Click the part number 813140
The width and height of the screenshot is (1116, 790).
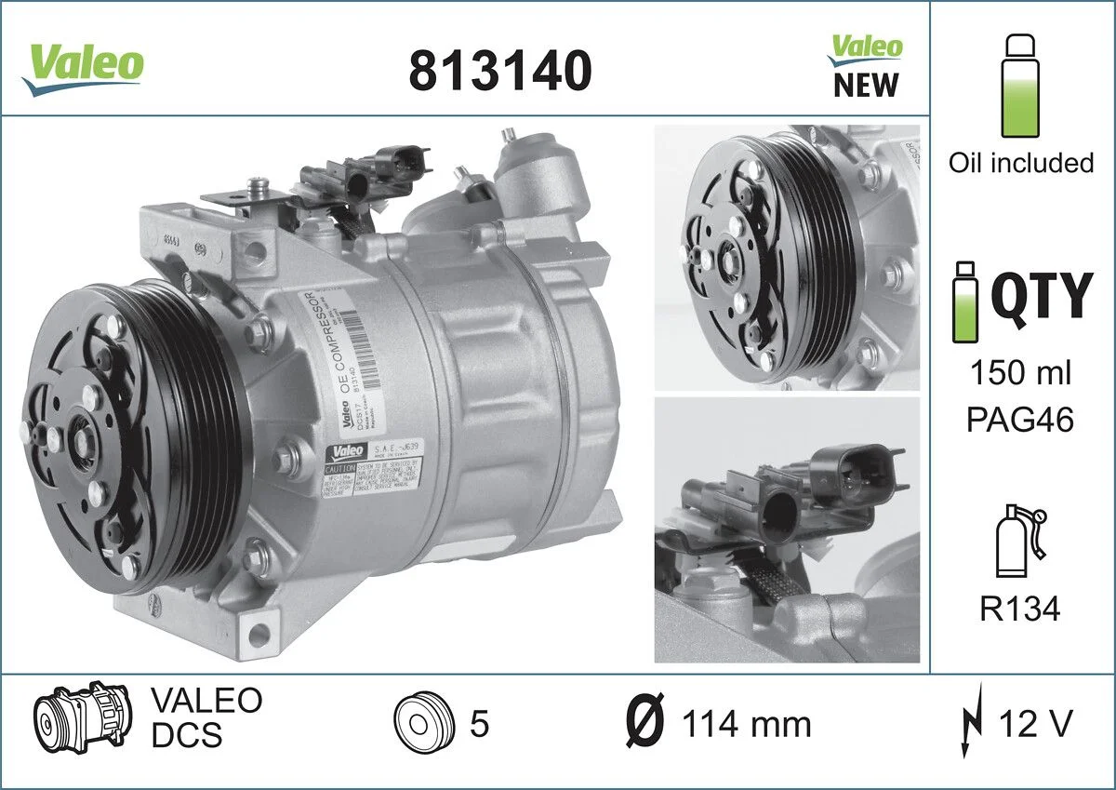tap(500, 70)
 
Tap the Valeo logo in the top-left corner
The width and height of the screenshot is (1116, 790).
tap(84, 65)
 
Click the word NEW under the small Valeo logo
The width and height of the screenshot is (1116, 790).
tap(866, 85)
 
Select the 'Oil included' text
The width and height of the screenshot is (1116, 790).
tap(1020, 163)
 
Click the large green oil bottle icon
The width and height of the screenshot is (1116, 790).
tap(1020, 86)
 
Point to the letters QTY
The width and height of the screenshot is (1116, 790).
tap(1040, 297)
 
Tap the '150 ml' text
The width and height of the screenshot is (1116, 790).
tap(1020, 374)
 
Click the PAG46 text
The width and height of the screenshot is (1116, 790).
tap(1020, 420)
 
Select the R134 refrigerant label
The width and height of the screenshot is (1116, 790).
tap(1020, 609)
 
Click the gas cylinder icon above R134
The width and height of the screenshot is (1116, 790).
tap(1015, 543)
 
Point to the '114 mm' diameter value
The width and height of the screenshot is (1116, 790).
tap(746, 724)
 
